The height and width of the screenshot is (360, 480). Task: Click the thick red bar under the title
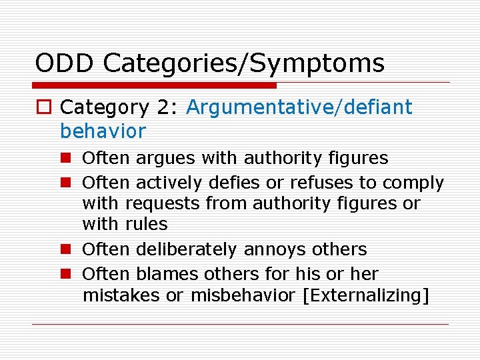tap(155, 85)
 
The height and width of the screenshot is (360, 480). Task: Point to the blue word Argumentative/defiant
tap(299, 107)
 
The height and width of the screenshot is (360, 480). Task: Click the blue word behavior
tap(103, 131)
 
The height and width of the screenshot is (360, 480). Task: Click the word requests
tap(160, 203)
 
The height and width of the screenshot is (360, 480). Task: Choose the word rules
tap(147, 224)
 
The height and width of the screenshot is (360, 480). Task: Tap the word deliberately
tap(187, 250)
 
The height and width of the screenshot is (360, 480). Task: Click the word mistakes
tap(121, 295)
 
